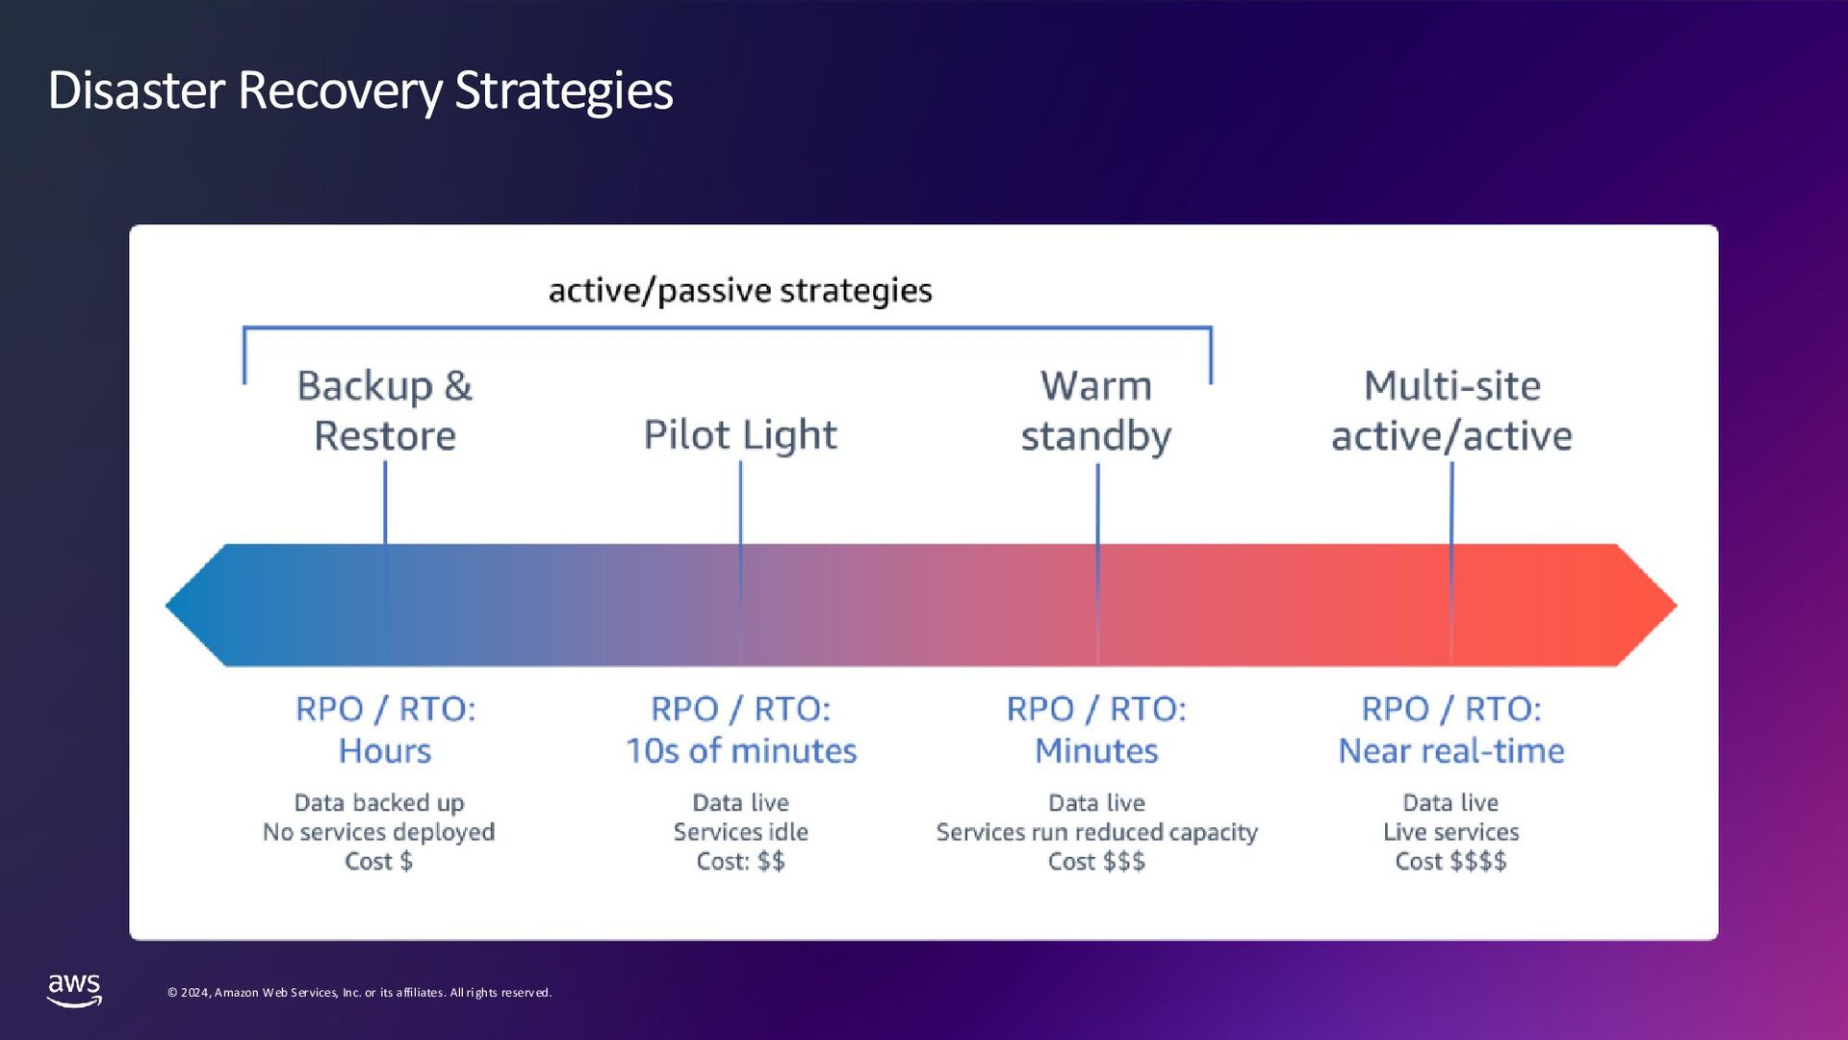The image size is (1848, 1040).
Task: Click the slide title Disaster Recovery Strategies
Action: point(360,91)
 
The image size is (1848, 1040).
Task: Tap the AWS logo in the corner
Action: point(74,989)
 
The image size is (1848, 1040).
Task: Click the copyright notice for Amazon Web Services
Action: point(359,993)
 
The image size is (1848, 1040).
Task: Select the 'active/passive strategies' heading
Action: point(740,290)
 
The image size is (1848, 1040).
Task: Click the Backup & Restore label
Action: point(385,410)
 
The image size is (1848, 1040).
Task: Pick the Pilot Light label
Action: point(740,434)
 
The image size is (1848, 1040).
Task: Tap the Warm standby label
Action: point(1096,410)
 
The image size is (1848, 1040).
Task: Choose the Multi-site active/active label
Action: point(1451,410)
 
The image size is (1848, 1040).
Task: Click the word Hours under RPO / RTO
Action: point(385,751)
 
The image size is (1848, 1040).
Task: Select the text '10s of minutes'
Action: point(741,751)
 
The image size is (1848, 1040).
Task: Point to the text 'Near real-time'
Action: point(1451,751)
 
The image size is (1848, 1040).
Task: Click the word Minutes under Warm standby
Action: point(1096,751)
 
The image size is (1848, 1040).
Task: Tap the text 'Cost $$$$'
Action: point(1450,861)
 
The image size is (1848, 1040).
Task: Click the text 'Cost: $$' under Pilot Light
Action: point(740,861)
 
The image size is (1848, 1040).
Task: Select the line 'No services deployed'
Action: point(378,832)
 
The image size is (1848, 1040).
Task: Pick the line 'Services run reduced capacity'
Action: point(1096,832)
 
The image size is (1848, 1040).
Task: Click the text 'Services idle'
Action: point(740,832)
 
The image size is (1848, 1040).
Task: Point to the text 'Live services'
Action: point(1450,832)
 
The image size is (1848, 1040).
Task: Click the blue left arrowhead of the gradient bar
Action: point(197,606)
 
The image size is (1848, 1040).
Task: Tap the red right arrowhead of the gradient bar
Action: point(1647,606)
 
